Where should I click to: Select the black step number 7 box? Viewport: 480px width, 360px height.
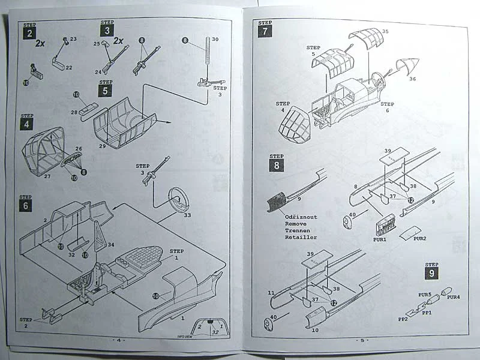(x=265, y=32)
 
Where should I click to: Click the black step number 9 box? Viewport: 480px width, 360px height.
(x=431, y=274)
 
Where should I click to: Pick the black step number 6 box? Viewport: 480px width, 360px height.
(x=26, y=205)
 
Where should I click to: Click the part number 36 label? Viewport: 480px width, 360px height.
(x=412, y=78)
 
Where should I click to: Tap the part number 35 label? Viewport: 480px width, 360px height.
(x=385, y=31)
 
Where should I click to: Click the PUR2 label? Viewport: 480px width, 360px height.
(x=420, y=238)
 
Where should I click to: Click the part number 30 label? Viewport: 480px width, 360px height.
(x=215, y=39)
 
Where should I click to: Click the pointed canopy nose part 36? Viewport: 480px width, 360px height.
(x=407, y=64)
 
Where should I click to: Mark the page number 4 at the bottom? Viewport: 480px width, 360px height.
(x=118, y=340)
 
